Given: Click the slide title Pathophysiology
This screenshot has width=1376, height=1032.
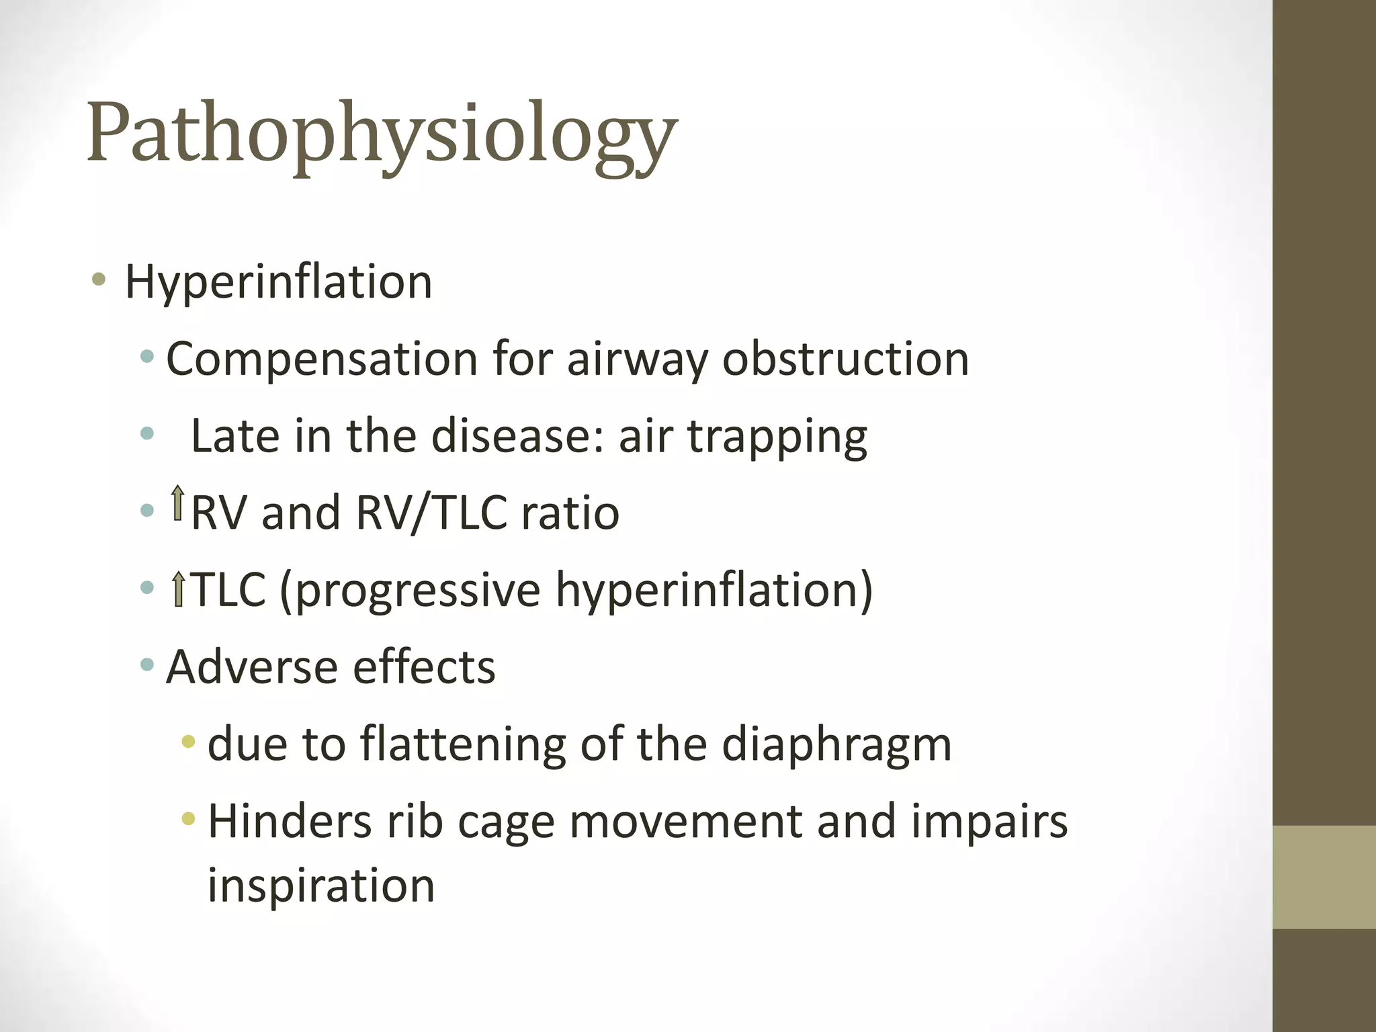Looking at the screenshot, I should pyautogui.click(x=382, y=134).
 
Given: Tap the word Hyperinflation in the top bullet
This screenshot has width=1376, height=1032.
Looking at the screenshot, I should pyautogui.click(x=278, y=282).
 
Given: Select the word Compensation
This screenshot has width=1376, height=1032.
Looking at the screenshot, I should pyautogui.click(x=322, y=359).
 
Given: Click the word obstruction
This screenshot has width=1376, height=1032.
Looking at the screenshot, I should pyautogui.click(x=845, y=359).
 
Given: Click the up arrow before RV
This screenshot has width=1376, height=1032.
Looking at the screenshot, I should pyautogui.click(x=177, y=503).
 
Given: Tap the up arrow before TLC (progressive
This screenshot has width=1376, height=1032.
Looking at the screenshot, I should pyautogui.click(x=178, y=589).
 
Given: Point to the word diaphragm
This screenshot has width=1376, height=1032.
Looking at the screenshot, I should pyautogui.click(x=836, y=746).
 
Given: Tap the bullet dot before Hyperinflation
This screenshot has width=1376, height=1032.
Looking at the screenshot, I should pyautogui.click(x=99, y=279).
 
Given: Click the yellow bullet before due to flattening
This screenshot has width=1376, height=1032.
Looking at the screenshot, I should pyautogui.click(x=189, y=742).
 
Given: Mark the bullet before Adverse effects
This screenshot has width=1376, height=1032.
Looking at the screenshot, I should pyautogui.click(x=147, y=666).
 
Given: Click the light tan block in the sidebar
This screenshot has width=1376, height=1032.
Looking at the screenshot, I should pyautogui.click(x=1324, y=877).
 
